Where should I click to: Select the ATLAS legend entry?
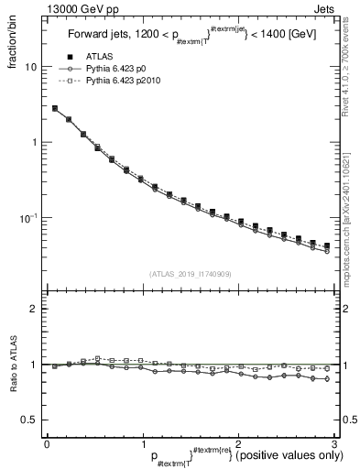(x=101, y=56)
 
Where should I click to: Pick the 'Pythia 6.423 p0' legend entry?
(x=119, y=69)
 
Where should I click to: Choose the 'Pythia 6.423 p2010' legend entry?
(x=126, y=82)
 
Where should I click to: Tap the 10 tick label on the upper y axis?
(x=30, y=67)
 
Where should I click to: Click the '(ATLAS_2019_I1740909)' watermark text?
(x=191, y=274)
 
